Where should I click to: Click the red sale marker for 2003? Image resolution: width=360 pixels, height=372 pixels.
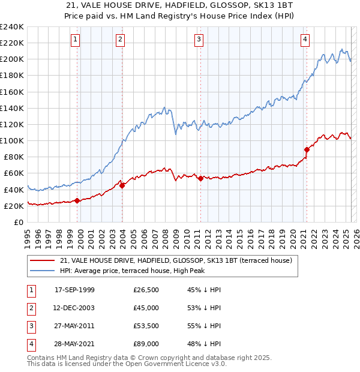[x=122, y=185]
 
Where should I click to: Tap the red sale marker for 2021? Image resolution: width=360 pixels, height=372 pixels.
[x=307, y=149]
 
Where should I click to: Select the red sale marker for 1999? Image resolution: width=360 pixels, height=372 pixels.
[x=77, y=200]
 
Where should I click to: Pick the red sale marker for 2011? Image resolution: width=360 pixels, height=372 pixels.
[x=200, y=178]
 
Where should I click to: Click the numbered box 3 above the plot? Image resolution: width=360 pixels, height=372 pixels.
[x=199, y=40]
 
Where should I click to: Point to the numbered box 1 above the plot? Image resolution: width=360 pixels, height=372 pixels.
[x=76, y=40]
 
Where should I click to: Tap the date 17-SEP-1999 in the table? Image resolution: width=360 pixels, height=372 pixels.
[x=74, y=290]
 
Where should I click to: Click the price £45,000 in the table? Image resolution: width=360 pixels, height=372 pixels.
[x=146, y=308]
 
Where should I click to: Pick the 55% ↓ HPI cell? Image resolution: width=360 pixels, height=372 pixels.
[x=204, y=326]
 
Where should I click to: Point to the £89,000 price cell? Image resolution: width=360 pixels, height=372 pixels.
[x=146, y=344]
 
